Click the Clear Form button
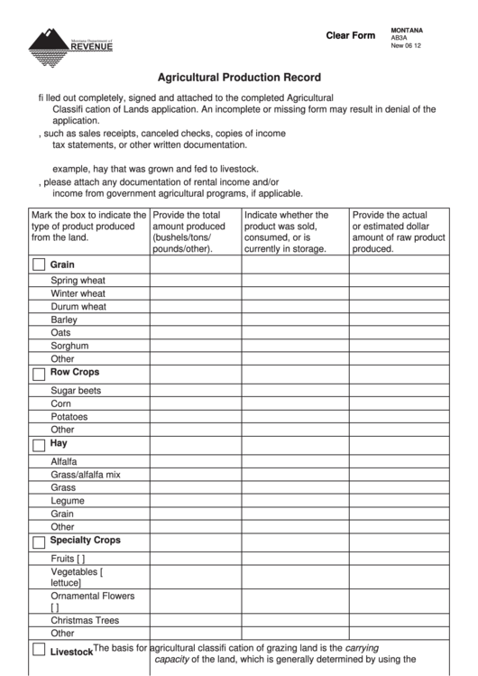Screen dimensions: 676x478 [350, 36]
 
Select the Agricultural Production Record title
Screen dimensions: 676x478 [239, 78]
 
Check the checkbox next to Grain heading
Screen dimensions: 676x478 [39, 265]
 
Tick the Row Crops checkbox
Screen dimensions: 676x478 [39, 373]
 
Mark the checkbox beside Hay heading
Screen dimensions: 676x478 [39, 445]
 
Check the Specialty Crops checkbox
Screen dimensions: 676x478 [39, 542]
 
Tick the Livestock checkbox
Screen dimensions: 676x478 [39, 650]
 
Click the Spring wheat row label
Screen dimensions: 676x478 [78, 281]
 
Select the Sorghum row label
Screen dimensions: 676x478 [69, 346]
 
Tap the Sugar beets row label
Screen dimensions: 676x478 [76, 391]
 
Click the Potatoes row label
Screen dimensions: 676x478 [69, 417]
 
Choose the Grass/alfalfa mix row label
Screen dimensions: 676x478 [85, 475]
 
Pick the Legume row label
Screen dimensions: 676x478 [68, 501]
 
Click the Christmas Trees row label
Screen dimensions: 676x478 [85, 621]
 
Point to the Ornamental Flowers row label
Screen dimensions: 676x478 [92, 597]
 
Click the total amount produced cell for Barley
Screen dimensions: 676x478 [195, 319]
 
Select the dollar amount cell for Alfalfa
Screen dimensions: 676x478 [399, 461]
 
